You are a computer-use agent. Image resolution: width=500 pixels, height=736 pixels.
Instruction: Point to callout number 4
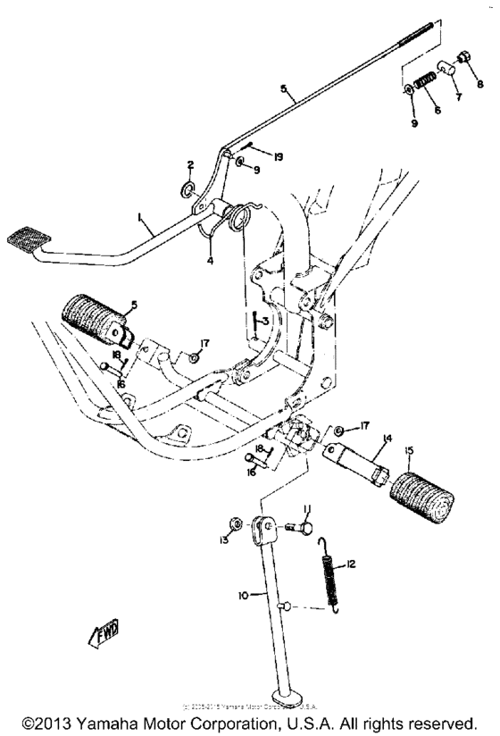tap(211, 262)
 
